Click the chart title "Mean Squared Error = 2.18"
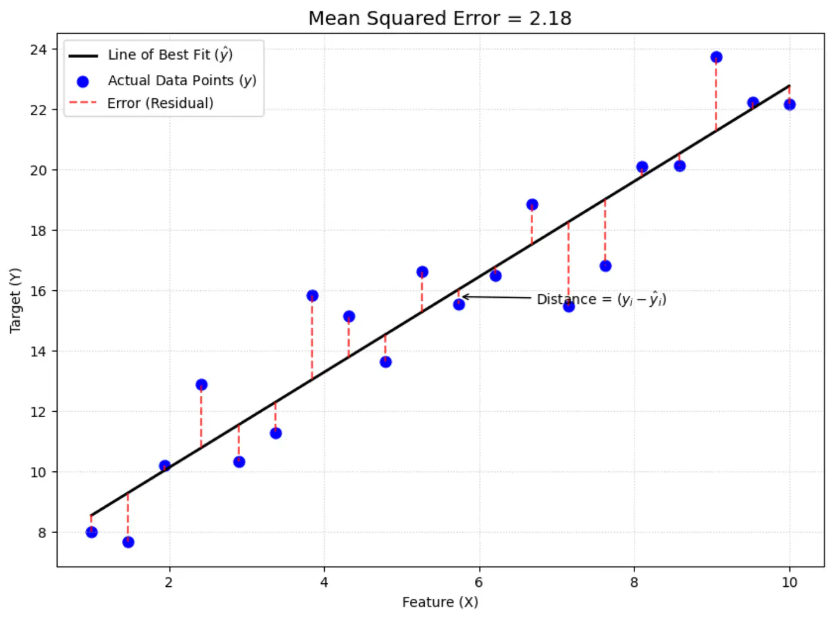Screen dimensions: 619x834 coord(440,18)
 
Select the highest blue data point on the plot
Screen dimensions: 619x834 coord(716,57)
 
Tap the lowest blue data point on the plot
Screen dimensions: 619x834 coord(128,542)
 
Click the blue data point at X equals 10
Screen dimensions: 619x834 coord(789,104)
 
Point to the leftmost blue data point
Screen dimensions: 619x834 coord(91,532)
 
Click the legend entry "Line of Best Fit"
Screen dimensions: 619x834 coord(170,55)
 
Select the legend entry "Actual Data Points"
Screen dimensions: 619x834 coord(182,80)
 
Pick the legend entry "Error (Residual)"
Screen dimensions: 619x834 coord(160,103)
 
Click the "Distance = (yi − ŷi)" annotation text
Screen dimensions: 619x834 coord(601,299)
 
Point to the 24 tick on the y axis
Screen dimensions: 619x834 coord(39,49)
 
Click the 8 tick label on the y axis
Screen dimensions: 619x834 coord(42,533)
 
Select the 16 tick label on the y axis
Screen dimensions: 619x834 coord(39,291)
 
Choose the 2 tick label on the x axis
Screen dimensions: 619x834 coord(169,582)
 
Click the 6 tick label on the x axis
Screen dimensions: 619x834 coord(479,582)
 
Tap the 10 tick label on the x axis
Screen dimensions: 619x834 coord(789,582)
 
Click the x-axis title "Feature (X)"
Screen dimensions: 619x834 coord(440,602)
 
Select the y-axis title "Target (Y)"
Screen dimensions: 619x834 coord(15,300)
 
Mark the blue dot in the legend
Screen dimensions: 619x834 coord(83,82)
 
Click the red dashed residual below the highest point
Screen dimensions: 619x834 coord(716,95)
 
